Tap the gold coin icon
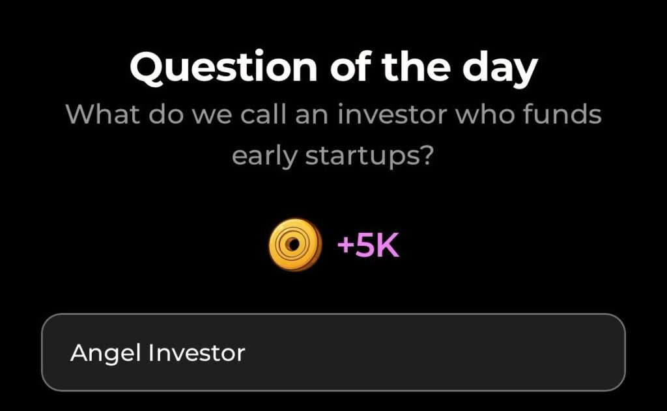point(294,245)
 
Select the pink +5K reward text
point(367,246)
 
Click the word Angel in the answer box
point(106,353)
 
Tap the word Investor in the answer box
point(197,352)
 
